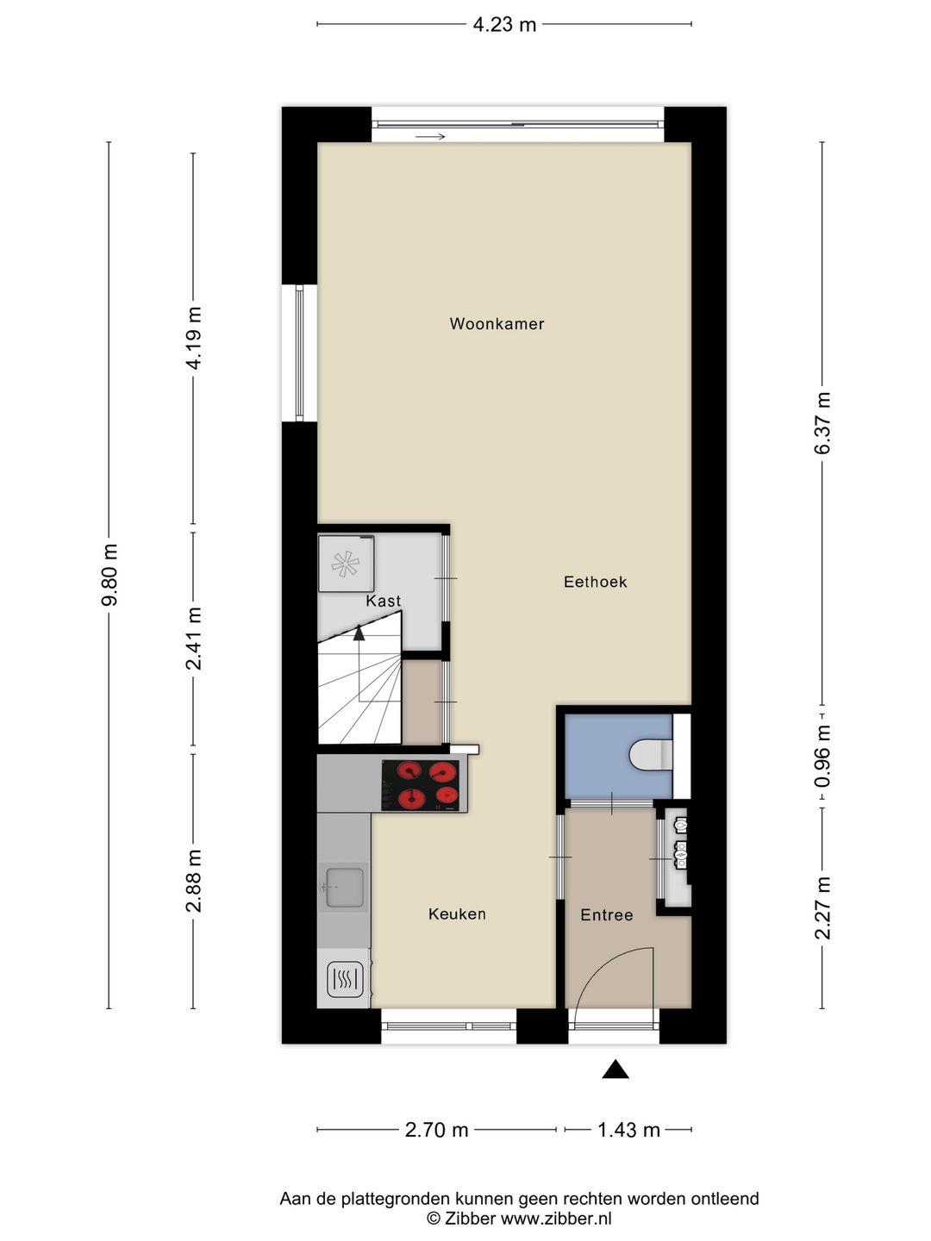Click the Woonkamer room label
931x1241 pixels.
[x=497, y=324]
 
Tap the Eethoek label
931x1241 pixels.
[x=595, y=582]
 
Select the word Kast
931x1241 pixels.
[x=384, y=601]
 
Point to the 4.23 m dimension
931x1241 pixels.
[x=504, y=24]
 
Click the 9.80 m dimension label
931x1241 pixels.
[x=109, y=575]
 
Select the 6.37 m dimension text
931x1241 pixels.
[x=822, y=422]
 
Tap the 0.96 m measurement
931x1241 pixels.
[x=822, y=757]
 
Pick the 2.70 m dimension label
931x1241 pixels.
[x=436, y=1131]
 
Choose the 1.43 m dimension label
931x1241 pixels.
[x=628, y=1131]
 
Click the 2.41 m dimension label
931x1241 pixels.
[x=194, y=639]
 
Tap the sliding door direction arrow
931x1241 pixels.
[x=429, y=137]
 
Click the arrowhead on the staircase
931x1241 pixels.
[x=359, y=633]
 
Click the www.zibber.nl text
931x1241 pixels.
[x=556, y=1218]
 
